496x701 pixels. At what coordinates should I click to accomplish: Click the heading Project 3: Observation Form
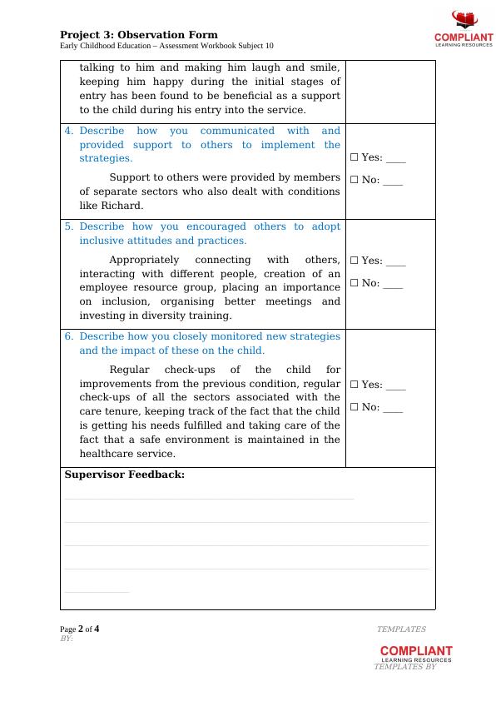[139, 35]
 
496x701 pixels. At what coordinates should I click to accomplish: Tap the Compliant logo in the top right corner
[464, 29]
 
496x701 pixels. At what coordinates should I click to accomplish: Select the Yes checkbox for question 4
[354, 157]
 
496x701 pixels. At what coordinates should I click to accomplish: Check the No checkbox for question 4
[354, 180]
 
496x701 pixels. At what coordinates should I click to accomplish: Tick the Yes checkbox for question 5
[354, 261]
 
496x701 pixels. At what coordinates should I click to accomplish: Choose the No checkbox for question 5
[354, 283]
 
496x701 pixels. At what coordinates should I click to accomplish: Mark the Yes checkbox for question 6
[354, 385]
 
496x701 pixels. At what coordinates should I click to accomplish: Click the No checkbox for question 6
[354, 407]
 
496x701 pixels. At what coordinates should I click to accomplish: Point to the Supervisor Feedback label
[125, 475]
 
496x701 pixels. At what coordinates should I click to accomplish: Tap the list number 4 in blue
[69, 131]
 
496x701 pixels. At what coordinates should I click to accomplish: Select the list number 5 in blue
[69, 226]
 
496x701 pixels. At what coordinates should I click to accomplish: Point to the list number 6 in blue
[69, 336]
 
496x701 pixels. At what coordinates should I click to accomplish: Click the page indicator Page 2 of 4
[80, 629]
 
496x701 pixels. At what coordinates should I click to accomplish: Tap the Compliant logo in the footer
[416, 654]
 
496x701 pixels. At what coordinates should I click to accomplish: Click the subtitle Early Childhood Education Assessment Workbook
[166, 47]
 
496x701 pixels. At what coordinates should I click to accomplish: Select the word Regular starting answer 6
[131, 370]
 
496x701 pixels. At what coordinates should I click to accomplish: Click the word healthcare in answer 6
[106, 454]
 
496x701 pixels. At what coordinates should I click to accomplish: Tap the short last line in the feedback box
[97, 592]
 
